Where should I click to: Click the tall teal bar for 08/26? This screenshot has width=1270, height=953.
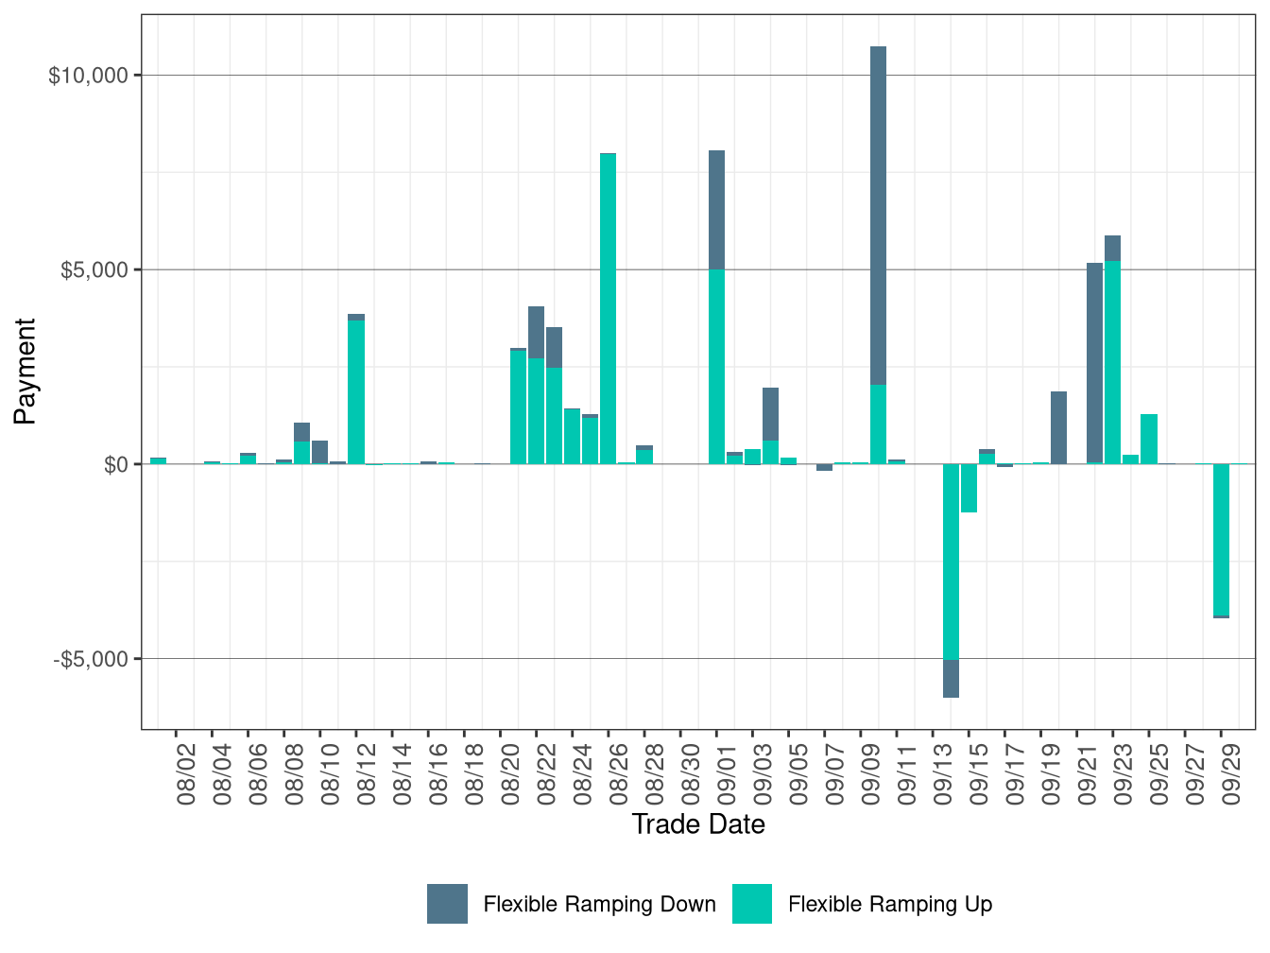(609, 308)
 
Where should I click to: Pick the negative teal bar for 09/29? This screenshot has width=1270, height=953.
(1221, 539)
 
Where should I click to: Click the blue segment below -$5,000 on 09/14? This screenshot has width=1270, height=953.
(951, 678)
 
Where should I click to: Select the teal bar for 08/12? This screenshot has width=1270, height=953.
(356, 391)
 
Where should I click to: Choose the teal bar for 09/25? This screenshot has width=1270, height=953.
(1149, 439)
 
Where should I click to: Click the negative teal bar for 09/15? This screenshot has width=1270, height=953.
(969, 488)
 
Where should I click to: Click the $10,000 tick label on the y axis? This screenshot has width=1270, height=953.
(88, 76)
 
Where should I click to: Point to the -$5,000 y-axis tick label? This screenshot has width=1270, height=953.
(91, 659)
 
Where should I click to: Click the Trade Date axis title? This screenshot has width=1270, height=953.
(698, 824)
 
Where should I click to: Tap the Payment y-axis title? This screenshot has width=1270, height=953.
(26, 372)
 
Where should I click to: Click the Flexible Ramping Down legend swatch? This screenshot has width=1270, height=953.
(447, 904)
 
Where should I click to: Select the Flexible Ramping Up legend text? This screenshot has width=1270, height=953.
(890, 905)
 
